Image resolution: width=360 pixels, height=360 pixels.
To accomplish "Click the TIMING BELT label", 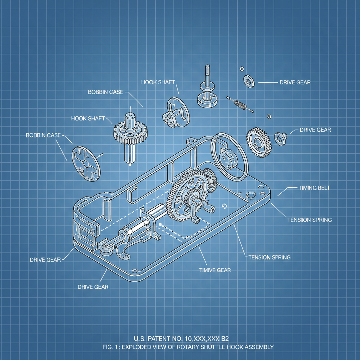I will click(314, 188).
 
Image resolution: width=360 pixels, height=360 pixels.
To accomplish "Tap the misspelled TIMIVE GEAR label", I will click(215, 270).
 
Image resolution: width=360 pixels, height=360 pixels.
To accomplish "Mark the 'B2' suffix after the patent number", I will click(225, 339).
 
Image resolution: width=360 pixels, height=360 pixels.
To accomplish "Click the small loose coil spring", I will click(240, 104).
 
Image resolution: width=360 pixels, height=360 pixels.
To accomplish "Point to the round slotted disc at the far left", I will click(86, 163).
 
